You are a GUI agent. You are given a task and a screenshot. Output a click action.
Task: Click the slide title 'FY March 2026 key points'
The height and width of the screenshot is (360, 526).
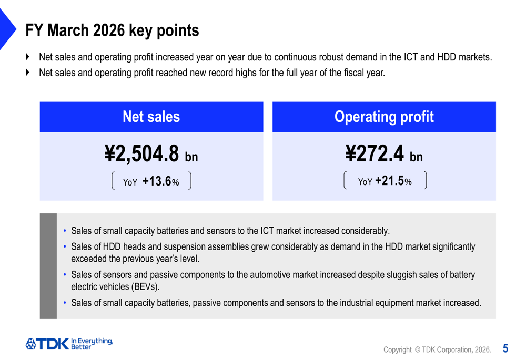(x=112, y=30)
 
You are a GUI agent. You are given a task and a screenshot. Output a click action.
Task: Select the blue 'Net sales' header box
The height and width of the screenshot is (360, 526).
(x=151, y=117)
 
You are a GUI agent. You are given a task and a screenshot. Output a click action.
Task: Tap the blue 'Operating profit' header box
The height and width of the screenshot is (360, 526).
(x=384, y=117)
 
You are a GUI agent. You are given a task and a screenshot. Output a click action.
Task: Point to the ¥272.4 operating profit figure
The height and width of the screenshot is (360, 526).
(x=376, y=153)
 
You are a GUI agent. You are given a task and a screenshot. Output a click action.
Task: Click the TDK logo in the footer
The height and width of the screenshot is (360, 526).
(x=47, y=344)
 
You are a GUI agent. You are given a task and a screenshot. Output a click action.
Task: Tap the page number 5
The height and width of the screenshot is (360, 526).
(x=505, y=348)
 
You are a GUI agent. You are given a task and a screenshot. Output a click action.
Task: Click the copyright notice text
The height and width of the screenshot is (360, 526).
(x=437, y=349)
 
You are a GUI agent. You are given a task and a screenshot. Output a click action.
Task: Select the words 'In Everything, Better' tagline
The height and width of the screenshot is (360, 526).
(x=92, y=344)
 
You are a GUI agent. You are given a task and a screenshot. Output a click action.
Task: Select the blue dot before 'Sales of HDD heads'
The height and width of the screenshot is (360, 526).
(x=65, y=246)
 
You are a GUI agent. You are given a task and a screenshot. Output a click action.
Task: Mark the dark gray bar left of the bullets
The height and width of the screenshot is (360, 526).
(x=48, y=266)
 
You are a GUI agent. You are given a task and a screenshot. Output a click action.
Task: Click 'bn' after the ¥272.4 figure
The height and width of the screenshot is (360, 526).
(x=416, y=157)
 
